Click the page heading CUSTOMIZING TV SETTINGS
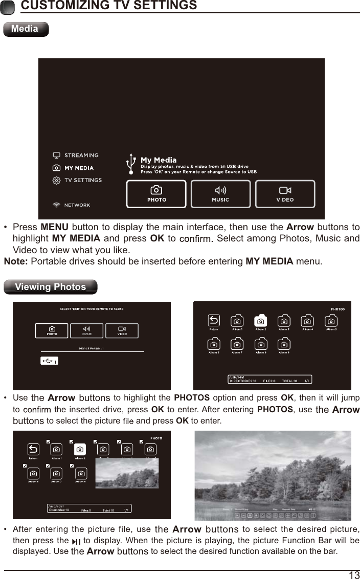point(108,6)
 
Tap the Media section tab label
point(25,29)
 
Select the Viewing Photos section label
point(50,287)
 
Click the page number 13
point(354,575)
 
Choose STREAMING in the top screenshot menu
point(81,155)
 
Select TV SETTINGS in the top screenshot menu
point(82,180)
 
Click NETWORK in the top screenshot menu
point(77,205)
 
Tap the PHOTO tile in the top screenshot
point(156,194)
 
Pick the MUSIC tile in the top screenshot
point(220,194)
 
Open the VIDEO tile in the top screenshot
point(285,194)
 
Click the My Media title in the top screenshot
point(159,160)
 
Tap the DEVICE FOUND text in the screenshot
point(91,348)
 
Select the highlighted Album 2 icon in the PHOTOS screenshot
point(261,321)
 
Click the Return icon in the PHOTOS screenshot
point(214,321)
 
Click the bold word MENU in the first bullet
point(54,227)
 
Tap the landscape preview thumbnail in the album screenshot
point(127,473)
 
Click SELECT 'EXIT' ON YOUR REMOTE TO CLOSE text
point(92,309)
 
